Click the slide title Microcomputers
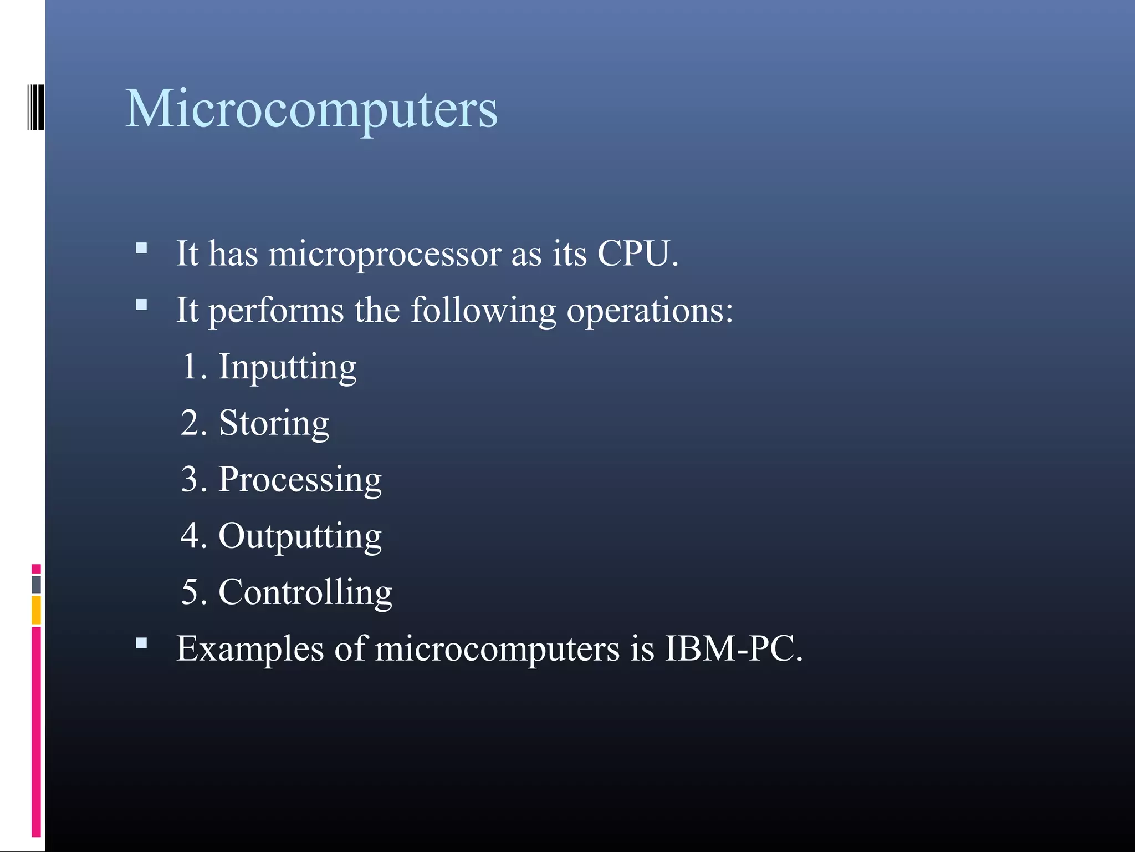click(311, 109)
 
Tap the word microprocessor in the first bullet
click(384, 254)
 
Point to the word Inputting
click(288, 367)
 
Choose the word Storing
click(274, 424)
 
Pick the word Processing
click(300, 480)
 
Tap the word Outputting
click(300, 536)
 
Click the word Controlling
click(305, 592)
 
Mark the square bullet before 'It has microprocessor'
click(141, 248)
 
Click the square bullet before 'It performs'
click(141, 305)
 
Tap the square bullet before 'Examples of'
click(141, 643)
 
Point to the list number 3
click(191, 480)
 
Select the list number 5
click(191, 592)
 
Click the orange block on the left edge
click(36, 610)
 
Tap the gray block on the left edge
click(36, 584)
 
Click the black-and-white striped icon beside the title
click(35, 107)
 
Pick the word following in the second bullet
click(483, 311)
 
